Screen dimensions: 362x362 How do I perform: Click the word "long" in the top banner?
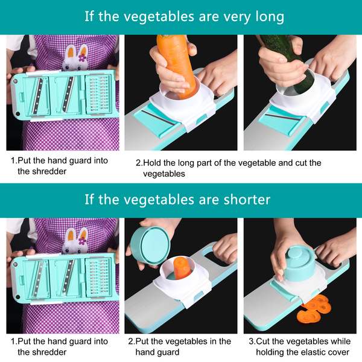(270, 17)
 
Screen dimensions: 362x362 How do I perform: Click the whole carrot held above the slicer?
(176, 65)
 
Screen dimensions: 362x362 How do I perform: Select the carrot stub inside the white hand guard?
(182, 268)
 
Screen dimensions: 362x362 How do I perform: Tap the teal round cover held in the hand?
(150, 245)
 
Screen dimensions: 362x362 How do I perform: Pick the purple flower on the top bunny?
(82, 57)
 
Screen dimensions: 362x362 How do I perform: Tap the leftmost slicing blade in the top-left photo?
(37, 96)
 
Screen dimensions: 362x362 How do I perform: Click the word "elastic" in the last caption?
(311, 352)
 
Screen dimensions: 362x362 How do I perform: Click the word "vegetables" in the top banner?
(159, 17)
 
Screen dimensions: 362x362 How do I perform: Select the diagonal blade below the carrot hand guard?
(159, 117)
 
